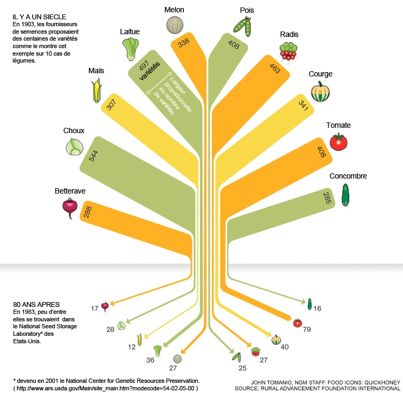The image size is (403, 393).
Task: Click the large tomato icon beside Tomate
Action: [338, 142]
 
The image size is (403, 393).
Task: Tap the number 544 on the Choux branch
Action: [94, 156]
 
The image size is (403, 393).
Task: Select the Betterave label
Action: [70, 191]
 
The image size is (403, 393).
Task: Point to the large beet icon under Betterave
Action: [70, 209]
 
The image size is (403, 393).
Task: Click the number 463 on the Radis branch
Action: [275, 68]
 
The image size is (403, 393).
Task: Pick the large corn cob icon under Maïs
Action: [96, 90]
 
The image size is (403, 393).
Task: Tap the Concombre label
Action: [348, 176]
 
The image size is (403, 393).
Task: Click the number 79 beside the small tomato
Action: [307, 329]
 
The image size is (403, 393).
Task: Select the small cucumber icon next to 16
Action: [309, 304]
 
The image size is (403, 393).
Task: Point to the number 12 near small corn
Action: [131, 347]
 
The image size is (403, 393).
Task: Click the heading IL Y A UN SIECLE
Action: [40, 17]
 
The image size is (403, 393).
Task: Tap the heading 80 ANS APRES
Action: [36, 305]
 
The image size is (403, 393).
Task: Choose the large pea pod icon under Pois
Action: [242, 27]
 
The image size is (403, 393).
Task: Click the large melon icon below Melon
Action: [175, 25]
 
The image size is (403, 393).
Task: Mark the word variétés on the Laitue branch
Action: [150, 71]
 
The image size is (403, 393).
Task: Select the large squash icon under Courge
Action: [320, 91]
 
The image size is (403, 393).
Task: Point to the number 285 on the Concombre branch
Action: [327, 198]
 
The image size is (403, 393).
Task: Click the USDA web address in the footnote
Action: [106, 388]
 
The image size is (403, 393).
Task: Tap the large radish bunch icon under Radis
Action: [289, 51]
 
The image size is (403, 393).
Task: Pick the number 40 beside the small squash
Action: [284, 347]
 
